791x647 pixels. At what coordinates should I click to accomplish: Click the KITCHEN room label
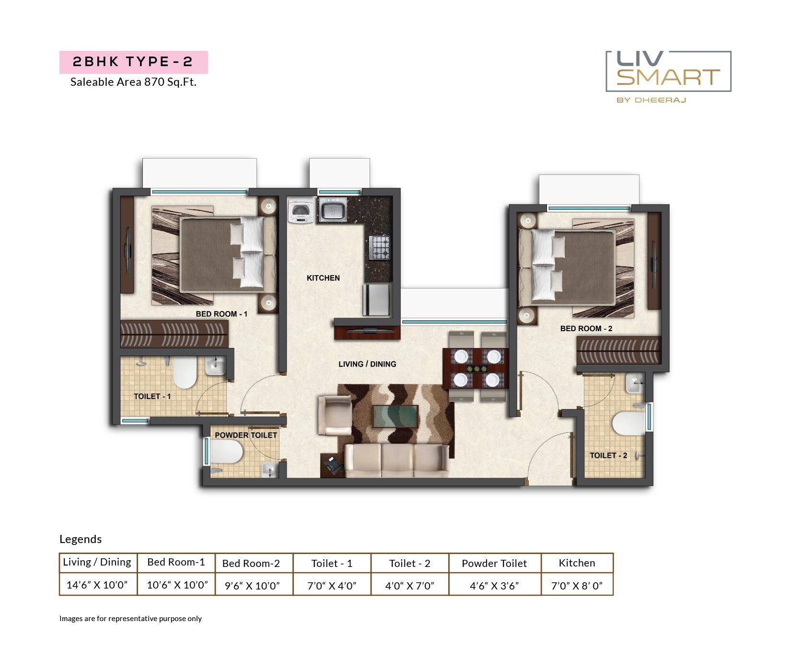pos(323,278)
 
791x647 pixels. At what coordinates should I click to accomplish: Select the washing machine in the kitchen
pos(301,211)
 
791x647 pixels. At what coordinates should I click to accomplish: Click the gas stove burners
pos(379,247)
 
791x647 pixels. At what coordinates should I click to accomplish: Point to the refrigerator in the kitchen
pos(377,300)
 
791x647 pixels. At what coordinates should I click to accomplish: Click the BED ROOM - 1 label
pos(221,314)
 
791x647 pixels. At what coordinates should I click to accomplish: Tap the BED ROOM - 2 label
pos(586,329)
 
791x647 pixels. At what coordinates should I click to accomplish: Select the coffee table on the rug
pos(395,416)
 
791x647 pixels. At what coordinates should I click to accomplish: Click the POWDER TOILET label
pos(245,435)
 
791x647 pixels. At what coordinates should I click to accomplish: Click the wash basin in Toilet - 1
pos(215,367)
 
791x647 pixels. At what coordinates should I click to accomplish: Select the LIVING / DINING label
pos(367,364)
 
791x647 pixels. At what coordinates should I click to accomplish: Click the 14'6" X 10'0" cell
pos(97,585)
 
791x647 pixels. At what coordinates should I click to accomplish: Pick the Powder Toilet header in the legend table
pos(494,564)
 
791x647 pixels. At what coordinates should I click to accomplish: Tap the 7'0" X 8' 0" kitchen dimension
pos(577,585)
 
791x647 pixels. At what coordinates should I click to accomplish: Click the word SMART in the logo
pos(668,77)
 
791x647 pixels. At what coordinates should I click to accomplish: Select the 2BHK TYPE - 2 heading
pos(133,62)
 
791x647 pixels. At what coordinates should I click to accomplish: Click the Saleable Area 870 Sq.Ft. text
pos(133,82)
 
